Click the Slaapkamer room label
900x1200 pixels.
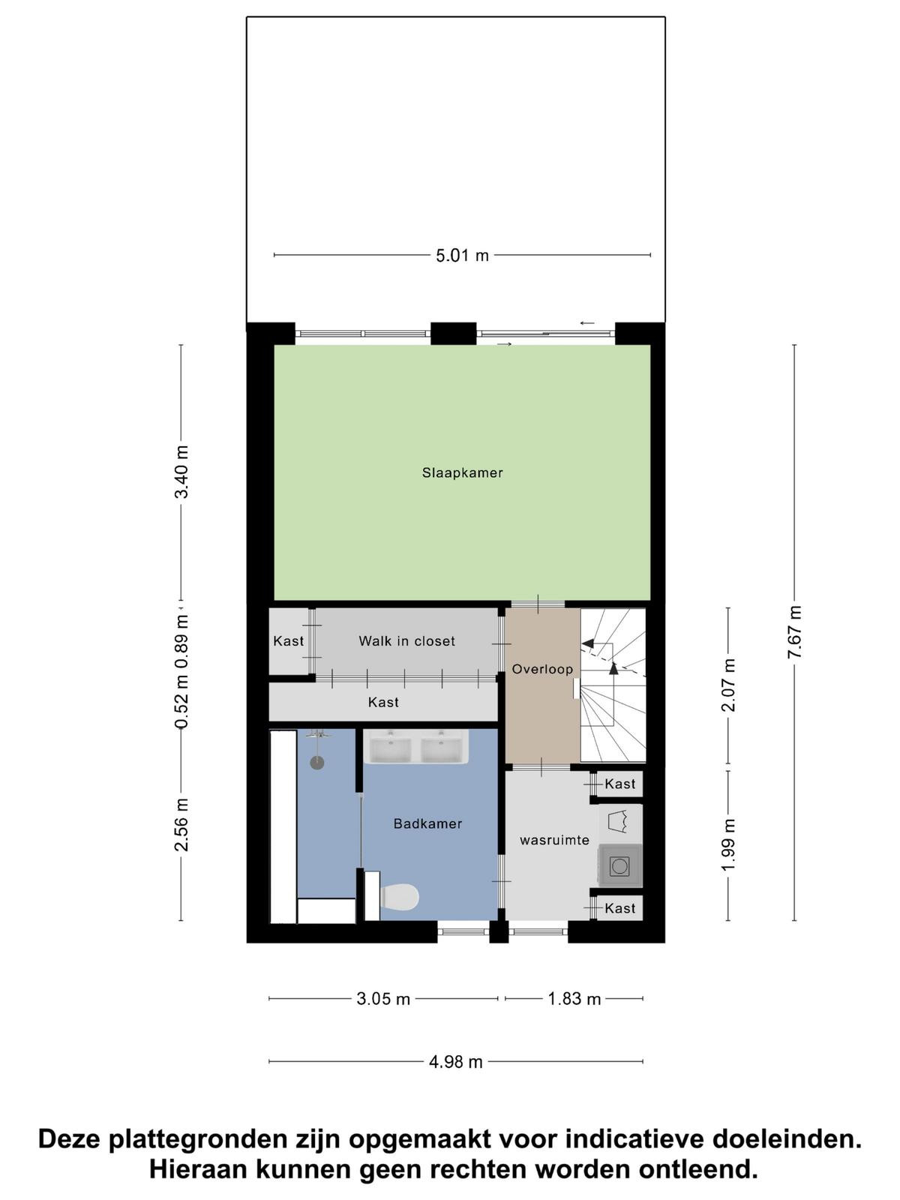(x=462, y=472)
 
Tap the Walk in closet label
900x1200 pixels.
(x=406, y=640)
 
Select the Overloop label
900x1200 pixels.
(x=542, y=668)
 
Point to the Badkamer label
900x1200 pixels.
(x=427, y=823)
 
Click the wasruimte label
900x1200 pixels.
(x=554, y=840)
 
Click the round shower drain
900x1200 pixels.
(x=317, y=763)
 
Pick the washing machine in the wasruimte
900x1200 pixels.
(x=619, y=866)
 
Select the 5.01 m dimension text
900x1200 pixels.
(x=462, y=255)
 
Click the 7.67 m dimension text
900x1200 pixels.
(x=794, y=632)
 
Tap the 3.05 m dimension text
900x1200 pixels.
(x=383, y=999)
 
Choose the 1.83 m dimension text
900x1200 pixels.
(x=574, y=999)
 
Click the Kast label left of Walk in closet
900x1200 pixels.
(x=288, y=640)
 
